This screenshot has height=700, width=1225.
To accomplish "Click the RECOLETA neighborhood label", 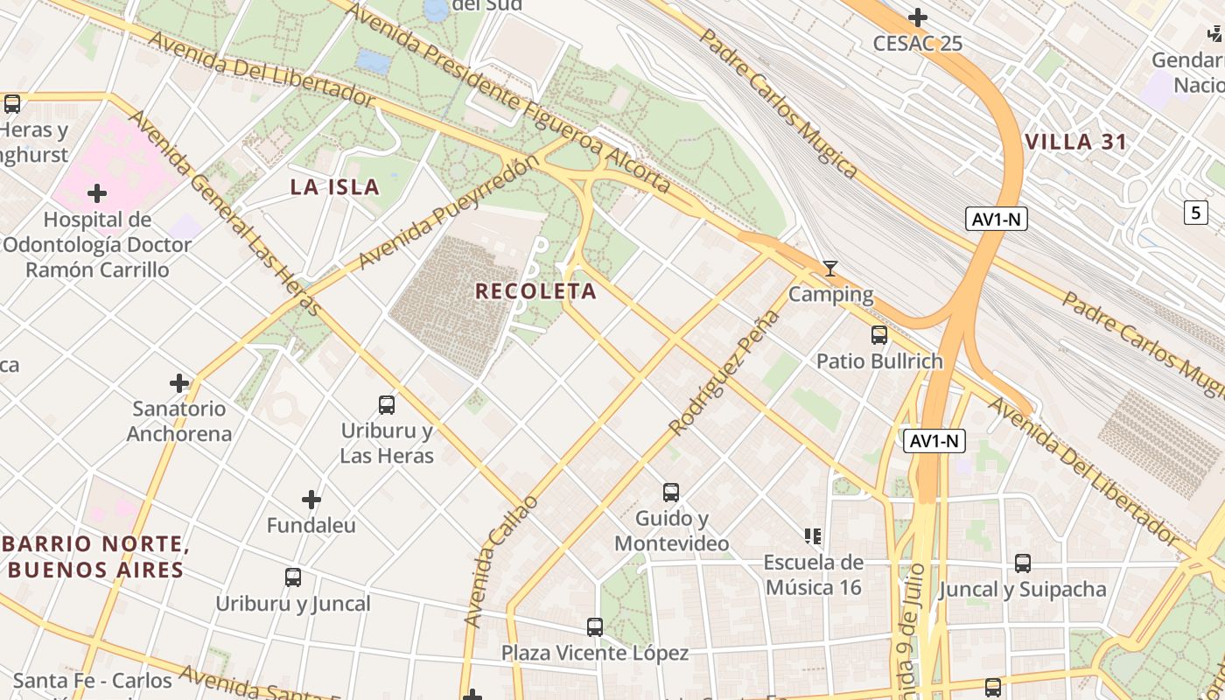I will (535, 291).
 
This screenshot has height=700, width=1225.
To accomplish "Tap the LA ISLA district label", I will (335, 186).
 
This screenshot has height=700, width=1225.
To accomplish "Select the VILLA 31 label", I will (1075, 142).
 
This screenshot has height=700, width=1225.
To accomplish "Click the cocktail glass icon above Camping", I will (830, 269).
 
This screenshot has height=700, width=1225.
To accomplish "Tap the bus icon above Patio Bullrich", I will (879, 335).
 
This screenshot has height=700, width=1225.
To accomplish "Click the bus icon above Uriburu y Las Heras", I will (387, 405).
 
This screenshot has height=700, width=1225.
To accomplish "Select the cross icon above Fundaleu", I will (311, 500).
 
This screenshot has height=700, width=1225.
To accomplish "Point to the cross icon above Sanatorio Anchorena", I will (179, 383).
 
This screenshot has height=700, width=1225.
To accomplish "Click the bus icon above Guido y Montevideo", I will (671, 493).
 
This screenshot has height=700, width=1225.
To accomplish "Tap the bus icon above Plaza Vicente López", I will (595, 627).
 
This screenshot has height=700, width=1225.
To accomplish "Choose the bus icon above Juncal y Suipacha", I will (1023, 563).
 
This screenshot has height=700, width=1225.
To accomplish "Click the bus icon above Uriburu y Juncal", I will (293, 577).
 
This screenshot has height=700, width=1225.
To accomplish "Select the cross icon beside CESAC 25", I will (918, 17).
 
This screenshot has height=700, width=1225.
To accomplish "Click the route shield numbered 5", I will (1196, 212).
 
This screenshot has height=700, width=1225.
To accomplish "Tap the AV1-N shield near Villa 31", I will (997, 219).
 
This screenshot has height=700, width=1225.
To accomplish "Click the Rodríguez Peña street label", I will (724, 373).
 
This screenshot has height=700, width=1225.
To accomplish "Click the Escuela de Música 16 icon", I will (813, 535).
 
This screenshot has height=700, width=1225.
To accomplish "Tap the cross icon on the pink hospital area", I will (97, 192).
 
